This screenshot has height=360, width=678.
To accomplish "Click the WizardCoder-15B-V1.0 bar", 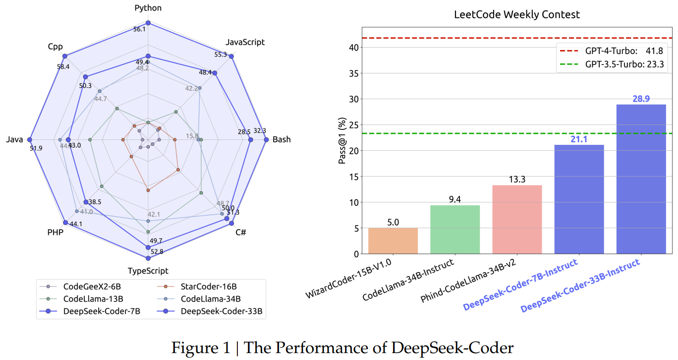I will point(393,241).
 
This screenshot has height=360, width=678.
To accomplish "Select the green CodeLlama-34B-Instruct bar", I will point(455,230).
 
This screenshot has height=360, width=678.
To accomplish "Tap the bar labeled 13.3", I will point(517,220).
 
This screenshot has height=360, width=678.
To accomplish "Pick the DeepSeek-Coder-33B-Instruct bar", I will point(641,179).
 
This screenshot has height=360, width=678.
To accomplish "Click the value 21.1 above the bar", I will point(579,139).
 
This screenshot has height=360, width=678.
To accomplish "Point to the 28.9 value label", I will point(641,99).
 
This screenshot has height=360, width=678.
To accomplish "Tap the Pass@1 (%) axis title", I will point(342,142).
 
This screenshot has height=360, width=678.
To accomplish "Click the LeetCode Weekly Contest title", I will point(517,14).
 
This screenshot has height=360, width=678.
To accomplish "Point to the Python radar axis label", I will point(148,8).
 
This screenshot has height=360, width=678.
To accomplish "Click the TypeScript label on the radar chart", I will point(148,271).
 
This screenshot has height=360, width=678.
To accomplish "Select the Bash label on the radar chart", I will point(282,139).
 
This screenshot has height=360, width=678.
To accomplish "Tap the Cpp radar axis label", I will point(55,46).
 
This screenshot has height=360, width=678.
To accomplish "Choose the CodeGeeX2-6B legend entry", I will point(85,286).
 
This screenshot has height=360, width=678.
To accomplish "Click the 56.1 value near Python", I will point(140,29).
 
